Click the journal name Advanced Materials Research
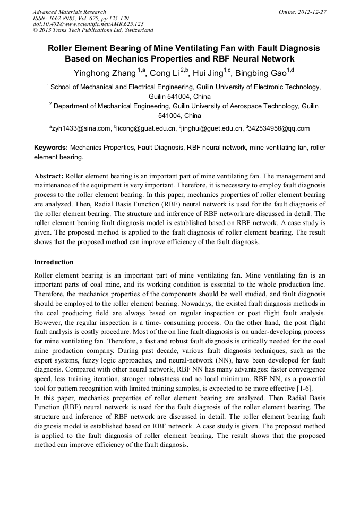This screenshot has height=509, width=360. (x=69, y=12)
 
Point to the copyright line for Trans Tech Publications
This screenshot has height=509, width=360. (x=93, y=30)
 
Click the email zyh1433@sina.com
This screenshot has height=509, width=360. (x=81, y=128)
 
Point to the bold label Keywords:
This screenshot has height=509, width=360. (x=51, y=147)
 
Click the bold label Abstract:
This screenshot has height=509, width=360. (x=49, y=176)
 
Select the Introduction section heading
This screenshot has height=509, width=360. (x=54, y=262)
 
